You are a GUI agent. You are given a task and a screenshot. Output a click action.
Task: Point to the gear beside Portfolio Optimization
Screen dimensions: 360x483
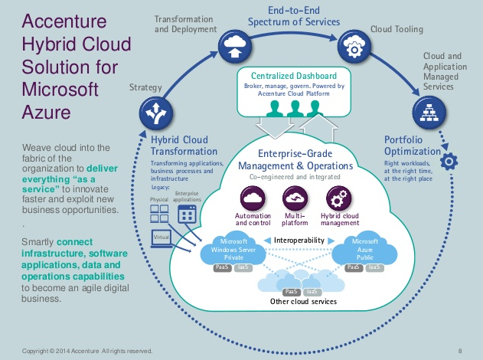450,162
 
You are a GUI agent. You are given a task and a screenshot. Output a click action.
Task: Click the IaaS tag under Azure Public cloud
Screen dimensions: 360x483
373,267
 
